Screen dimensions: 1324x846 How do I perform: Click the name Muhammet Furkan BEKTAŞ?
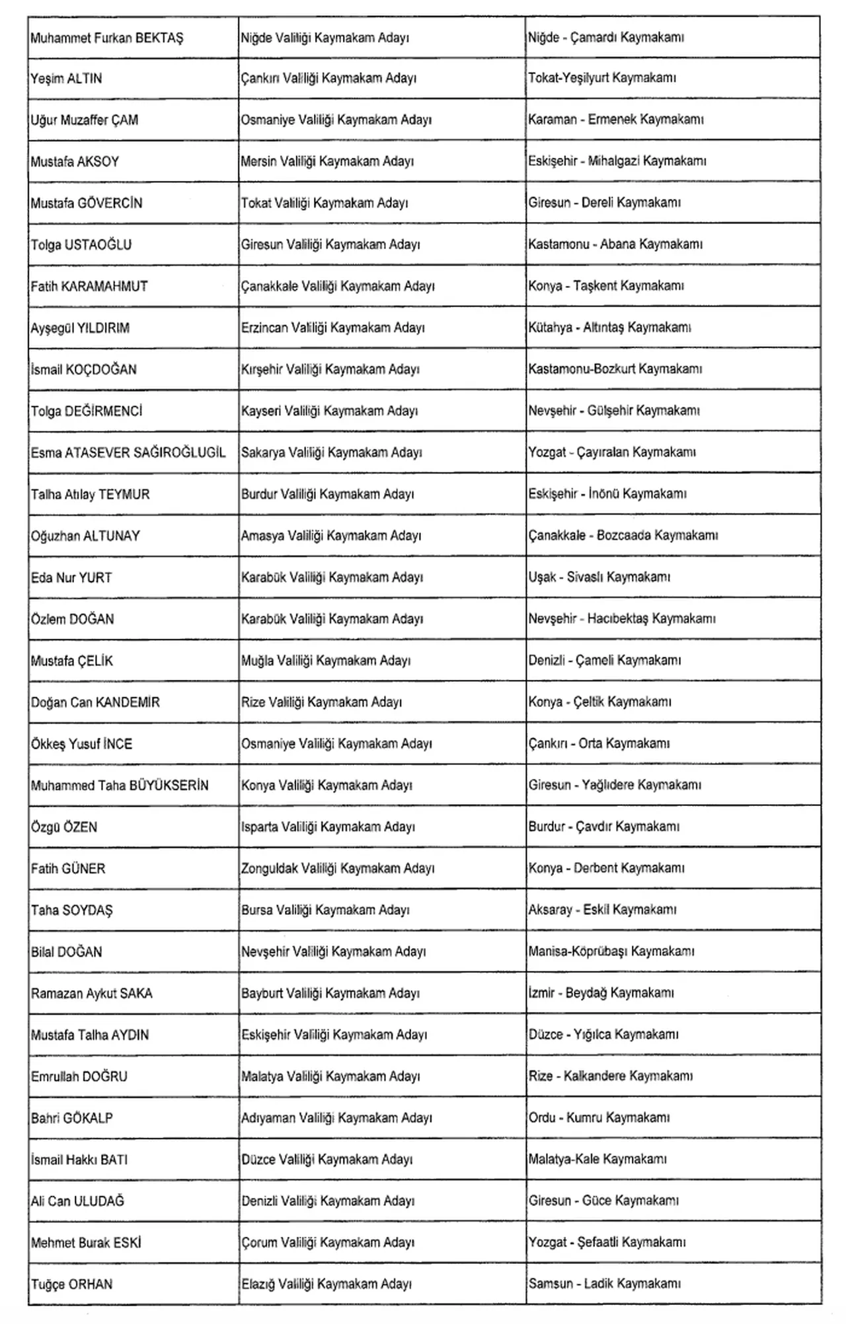tap(107, 38)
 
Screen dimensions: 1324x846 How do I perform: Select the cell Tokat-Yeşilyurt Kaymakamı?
tap(601, 78)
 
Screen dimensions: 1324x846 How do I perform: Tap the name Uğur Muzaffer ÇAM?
tap(85, 120)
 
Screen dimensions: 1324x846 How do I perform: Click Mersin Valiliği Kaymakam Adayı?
tap(327, 161)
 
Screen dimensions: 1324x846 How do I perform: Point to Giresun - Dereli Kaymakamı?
tap(604, 203)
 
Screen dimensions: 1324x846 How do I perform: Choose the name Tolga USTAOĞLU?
tap(81, 245)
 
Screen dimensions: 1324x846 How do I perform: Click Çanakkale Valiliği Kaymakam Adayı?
tap(338, 286)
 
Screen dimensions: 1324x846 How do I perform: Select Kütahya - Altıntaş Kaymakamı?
tap(609, 328)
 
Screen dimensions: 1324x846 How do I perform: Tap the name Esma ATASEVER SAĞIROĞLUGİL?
tap(128, 453)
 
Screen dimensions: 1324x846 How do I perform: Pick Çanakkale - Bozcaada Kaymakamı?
tap(623, 536)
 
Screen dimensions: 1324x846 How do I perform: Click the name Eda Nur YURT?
tap(71, 577)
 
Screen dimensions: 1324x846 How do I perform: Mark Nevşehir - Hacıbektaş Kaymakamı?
tap(621, 619)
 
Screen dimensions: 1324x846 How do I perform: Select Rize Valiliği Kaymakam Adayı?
tap(321, 702)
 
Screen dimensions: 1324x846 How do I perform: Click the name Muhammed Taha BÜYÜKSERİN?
tap(120, 786)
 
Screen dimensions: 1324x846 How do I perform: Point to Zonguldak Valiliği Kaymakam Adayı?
tap(338, 869)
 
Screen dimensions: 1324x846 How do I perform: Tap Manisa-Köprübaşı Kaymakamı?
tap(611, 952)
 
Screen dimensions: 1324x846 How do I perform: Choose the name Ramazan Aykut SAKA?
tap(92, 994)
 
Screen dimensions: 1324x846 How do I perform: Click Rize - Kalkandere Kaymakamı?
tap(610, 1076)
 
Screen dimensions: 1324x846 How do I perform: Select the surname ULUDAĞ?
tap(99, 1201)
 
